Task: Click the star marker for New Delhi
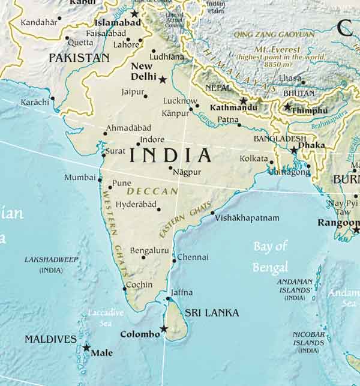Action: (162, 79)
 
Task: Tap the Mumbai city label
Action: (80, 178)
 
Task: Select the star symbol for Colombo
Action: (164, 328)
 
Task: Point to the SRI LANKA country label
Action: (211, 313)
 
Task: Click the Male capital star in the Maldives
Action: (86, 348)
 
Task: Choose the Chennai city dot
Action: (174, 261)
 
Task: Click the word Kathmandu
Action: (234, 108)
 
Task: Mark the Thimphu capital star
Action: (287, 107)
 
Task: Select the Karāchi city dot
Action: (52, 98)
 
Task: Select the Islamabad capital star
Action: (134, 13)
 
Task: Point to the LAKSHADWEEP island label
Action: (51, 260)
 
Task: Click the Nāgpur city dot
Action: (170, 168)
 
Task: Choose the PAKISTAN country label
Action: (79, 58)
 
